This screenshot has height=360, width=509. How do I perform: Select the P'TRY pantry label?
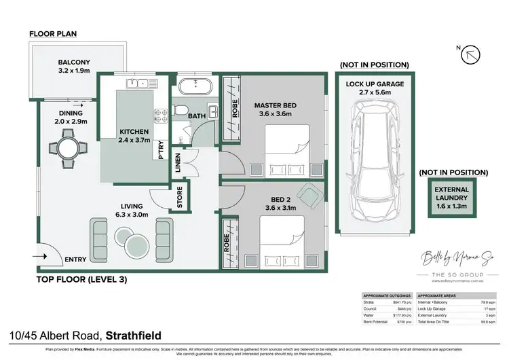161,149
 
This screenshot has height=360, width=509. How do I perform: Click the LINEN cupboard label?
178,163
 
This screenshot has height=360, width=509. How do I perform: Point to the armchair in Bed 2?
309,198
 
